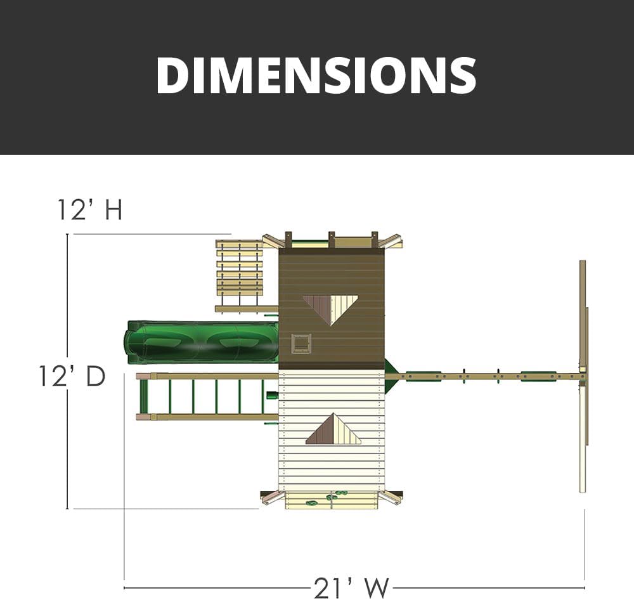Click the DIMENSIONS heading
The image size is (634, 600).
tap(316, 75)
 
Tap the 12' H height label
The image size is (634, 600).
tap(90, 209)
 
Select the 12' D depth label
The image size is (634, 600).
tap(72, 376)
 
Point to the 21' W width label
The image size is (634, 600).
tap(351, 588)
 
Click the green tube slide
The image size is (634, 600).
tap(202, 342)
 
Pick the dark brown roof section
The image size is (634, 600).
tap(332, 308)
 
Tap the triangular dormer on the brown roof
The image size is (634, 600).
tap(330, 308)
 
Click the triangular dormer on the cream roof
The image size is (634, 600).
tap(333, 429)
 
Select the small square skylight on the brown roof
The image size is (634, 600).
tap(302, 344)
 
